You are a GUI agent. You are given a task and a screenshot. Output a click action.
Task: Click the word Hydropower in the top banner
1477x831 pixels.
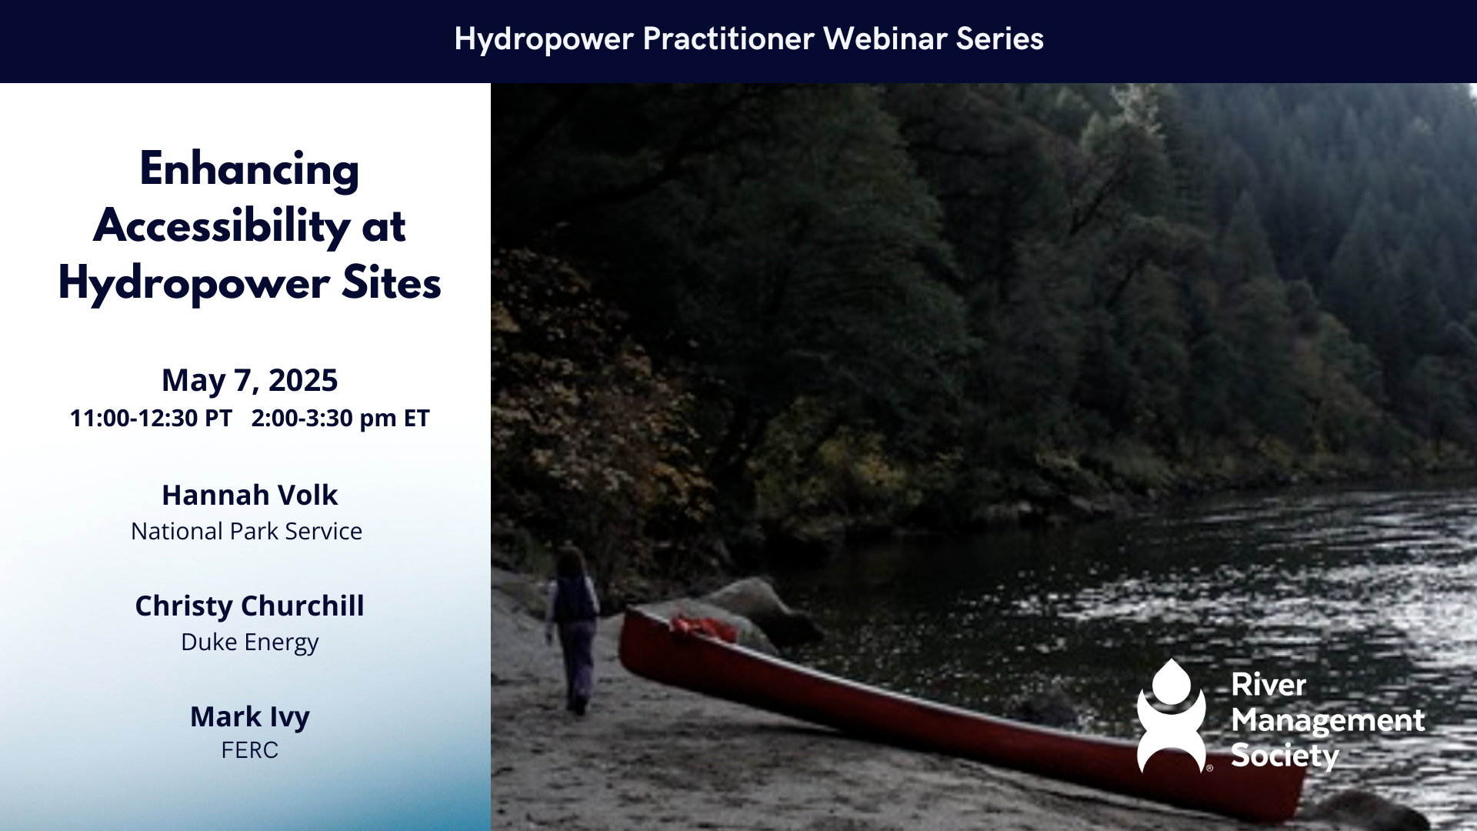coord(544,39)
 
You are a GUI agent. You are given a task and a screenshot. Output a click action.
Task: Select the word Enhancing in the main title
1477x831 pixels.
coord(249,170)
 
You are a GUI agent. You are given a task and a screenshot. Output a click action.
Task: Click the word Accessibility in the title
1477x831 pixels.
coord(222,225)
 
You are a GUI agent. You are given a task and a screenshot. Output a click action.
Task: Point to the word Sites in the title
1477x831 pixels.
coord(392,282)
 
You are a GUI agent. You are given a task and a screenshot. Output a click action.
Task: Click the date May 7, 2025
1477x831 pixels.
coord(249,380)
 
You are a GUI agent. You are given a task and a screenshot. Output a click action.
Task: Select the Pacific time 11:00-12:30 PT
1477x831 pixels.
coord(151,418)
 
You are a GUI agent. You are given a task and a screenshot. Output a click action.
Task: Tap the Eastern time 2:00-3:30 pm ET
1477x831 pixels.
coord(340,418)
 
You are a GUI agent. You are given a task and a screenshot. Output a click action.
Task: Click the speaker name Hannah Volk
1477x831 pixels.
coord(249,495)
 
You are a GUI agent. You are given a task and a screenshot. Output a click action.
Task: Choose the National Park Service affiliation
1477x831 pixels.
coord(246,531)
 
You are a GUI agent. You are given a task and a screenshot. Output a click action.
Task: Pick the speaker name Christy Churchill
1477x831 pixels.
coord(249,606)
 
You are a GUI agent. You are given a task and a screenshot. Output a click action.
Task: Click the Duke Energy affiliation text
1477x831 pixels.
coord(249,642)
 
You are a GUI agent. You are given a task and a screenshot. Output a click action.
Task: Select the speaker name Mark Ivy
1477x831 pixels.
coord(249,717)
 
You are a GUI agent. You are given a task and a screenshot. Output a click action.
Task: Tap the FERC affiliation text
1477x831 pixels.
coord(249,750)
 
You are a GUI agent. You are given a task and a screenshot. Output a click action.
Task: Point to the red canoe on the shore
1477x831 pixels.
coord(962,712)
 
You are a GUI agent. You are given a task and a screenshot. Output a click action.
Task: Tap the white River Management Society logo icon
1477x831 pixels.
coord(1172,716)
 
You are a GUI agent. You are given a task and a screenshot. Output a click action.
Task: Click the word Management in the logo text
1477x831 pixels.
coord(1328,721)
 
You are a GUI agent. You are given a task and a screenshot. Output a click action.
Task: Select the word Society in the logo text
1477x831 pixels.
coord(1285,756)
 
